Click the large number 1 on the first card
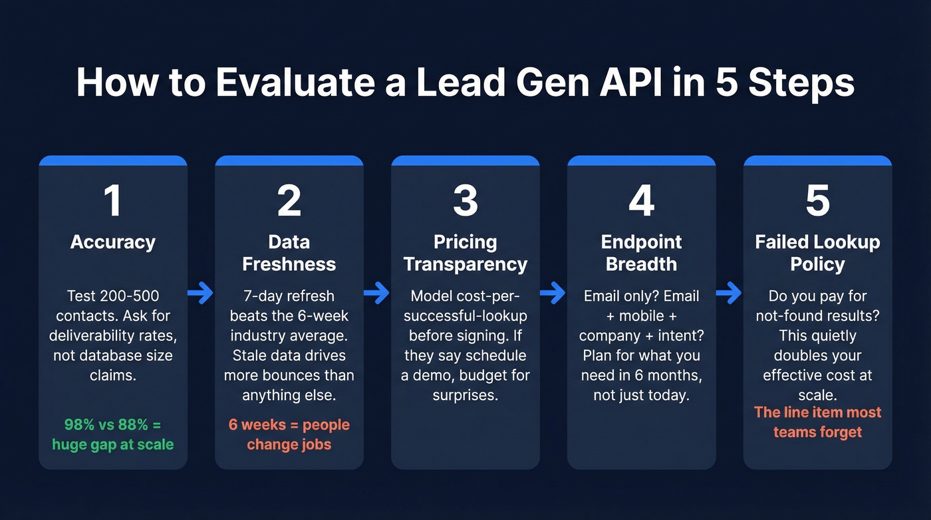click(x=112, y=200)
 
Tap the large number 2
click(x=289, y=200)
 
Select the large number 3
click(x=465, y=200)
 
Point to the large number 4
click(x=641, y=200)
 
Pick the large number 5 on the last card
click(x=817, y=200)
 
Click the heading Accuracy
click(x=113, y=242)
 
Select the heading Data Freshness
click(x=289, y=253)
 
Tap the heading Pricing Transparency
click(x=465, y=253)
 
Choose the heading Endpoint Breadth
click(x=641, y=253)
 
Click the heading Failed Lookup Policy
click(x=817, y=253)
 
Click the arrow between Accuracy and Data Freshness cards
click(x=201, y=292)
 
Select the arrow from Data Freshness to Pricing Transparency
click(x=377, y=292)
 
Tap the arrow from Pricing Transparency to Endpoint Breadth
click(x=553, y=292)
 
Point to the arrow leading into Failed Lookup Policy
click(x=730, y=292)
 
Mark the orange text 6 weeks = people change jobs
click(x=289, y=434)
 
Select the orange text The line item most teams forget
click(x=817, y=422)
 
